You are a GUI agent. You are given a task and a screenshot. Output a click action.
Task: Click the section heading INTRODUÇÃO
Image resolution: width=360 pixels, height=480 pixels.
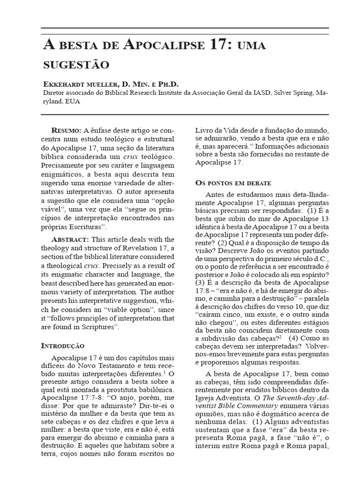point(64,346)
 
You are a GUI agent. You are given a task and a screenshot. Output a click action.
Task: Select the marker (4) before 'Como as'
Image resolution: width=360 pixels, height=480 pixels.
point(295,337)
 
